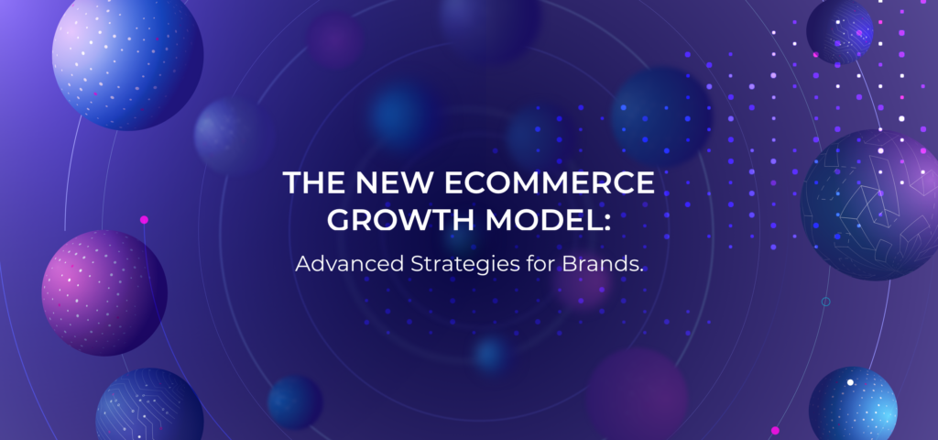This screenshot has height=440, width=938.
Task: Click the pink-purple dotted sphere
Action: pyautogui.click(x=104, y=291)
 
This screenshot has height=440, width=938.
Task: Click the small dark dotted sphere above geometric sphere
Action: pyautogui.click(x=839, y=29)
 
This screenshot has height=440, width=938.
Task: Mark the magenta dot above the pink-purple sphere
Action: pyautogui.click(x=144, y=220)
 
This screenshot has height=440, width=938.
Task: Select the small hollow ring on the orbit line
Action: pyautogui.click(x=825, y=302)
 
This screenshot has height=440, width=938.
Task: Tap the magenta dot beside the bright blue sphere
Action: pyautogui.click(x=775, y=431)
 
